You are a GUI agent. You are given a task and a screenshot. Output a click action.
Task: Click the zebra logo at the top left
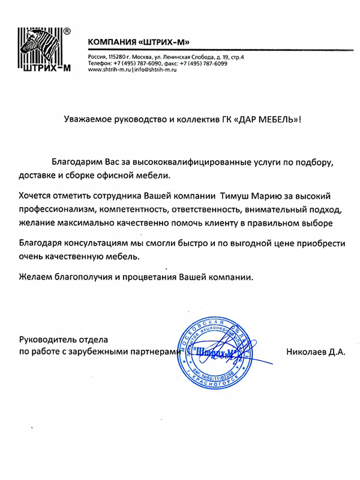click(40, 51)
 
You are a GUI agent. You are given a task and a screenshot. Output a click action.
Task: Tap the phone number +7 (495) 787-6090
click(136, 63)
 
